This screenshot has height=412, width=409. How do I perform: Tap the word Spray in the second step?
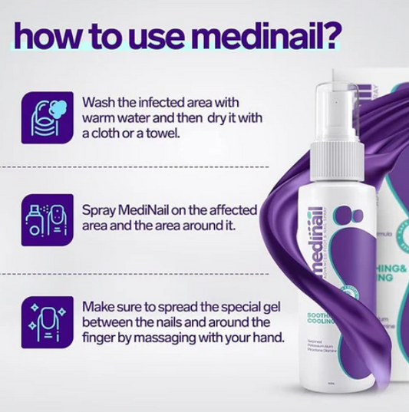(x=98, y=209)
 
